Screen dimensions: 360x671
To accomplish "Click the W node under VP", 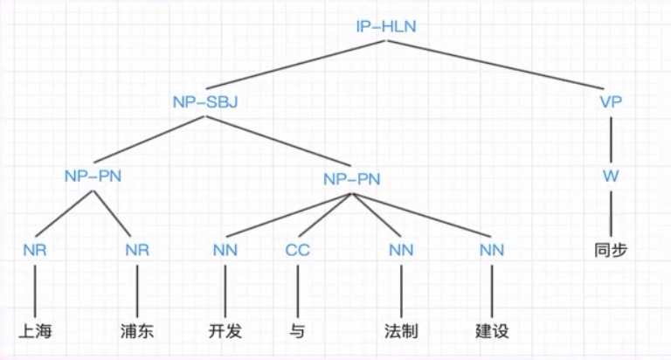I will click(x=611, y=175).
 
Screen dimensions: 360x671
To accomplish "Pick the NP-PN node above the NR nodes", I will click(x=93, y=176).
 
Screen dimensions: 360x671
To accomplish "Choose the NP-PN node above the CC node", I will click(x=352, y=178).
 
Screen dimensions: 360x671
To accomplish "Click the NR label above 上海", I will click(x=34, y=251).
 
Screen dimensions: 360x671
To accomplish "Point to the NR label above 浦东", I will click(x=137, y=251).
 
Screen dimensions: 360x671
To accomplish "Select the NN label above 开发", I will click(x=225, y=251).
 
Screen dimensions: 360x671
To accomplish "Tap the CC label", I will click(x=298, y=251).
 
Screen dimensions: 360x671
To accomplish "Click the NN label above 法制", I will click(x=401, y=251).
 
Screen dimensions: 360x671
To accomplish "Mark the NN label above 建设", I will click(x=492, y=251).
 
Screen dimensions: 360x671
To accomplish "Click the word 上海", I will click(x=34, y=332).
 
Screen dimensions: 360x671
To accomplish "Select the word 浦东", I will click(x=137, y=332).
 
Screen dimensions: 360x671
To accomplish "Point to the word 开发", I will click(x=225, y=332).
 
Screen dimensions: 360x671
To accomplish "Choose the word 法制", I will click(x=401, y=332).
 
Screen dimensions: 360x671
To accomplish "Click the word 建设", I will click(x=492, y=332).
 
